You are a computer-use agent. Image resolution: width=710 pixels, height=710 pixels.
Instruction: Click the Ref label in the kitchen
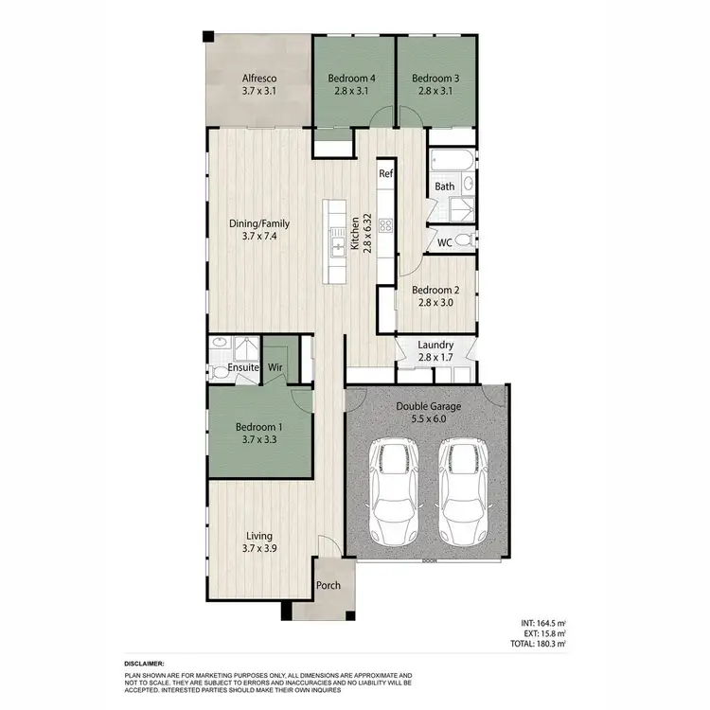386,174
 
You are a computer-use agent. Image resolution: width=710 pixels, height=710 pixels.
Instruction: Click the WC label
443,242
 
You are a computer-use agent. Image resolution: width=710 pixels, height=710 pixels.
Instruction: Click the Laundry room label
435,346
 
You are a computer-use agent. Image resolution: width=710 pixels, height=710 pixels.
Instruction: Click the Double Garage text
428,407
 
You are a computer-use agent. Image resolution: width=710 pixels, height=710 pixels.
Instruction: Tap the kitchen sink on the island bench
336,247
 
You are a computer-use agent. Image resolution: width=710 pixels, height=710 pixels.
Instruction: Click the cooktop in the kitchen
386,225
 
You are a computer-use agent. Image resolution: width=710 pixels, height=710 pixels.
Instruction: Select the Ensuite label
242,368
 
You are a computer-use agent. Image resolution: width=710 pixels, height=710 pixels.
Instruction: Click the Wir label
275,368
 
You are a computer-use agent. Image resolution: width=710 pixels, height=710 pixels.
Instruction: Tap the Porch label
328,586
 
